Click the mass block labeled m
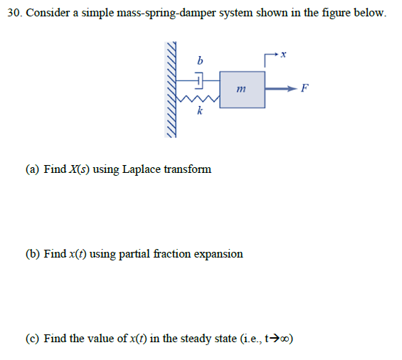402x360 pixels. pyautogui.click(x=241, y=90)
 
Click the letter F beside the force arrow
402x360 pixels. pyautogui.click(x=305, y=89)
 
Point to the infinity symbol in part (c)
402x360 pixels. pyautogui.click(x=285, y=339)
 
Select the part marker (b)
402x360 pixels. pyautogui.click(x=33, y=253)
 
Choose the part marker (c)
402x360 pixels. pyautogui.click(x=33, y=339)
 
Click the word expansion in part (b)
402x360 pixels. pyautogui.click(x=218, y=253)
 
